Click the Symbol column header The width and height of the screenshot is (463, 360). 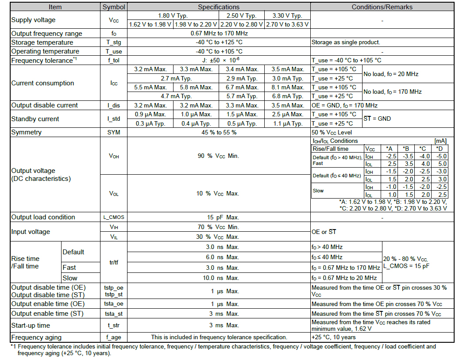pos(114,7)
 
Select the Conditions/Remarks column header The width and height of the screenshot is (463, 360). pos(382,7)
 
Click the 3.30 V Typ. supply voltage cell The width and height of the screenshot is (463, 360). pos(288,16)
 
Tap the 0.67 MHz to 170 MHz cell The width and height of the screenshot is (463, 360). pos(219,33)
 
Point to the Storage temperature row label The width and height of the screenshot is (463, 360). pos(42,42)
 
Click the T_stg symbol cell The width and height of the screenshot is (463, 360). pos(114,42)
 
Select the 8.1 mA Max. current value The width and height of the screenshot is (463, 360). pos(288,87)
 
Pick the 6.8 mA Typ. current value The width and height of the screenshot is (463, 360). pos(288,96)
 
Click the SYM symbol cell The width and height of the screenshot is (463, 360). pos(114,132)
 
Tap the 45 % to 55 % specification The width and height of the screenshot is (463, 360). pos(219,132)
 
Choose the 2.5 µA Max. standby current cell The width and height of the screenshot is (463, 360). pos(288,114)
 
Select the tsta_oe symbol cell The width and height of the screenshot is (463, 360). pos(114,304)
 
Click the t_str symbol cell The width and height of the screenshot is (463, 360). pos(114,326)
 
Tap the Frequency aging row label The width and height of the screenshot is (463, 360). pos(36,337)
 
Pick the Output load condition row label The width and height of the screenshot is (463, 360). pos(43,217)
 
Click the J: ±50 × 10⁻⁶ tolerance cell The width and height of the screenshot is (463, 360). pos(219,60)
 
